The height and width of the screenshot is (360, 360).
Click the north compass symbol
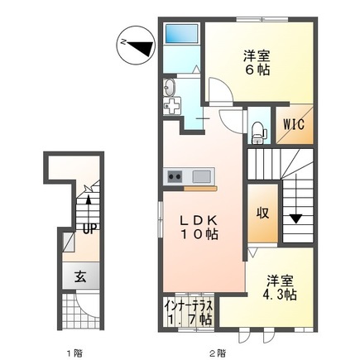click(x=136, y=46)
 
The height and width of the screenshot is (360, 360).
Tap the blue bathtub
click(x=181, y=34)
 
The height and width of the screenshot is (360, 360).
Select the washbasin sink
click(x=169, y=87)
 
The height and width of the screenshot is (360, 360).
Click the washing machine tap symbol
click(x=172, y=106)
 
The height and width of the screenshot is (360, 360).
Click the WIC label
click(x=295, y=124)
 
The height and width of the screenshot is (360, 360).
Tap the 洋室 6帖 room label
click(x=257, y=63)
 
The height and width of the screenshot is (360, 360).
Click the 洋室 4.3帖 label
click(x=280, y=288)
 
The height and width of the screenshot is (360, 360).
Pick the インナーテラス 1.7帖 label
click(x=189, y=312)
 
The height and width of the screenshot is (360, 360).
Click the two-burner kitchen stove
click(x=175, y=176)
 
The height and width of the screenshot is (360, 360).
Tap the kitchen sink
click(x=202, y=176)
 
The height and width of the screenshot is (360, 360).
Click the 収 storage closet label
click(x=262, y=213)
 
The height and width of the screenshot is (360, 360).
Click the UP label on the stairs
click(x=89, y=228)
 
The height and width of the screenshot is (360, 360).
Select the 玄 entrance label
click(x=80, y=276)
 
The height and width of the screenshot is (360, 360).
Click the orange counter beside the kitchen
click(x=200, y=189)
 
